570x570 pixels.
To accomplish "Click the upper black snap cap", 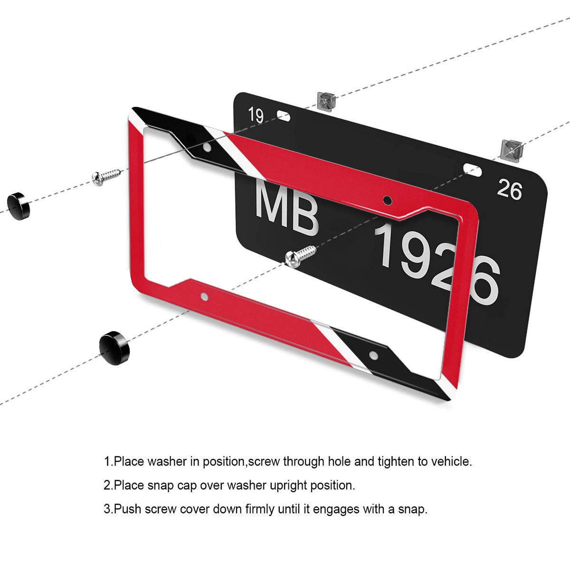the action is [x=19, y=204].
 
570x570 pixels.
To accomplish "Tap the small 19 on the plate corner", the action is [x=256, y=115].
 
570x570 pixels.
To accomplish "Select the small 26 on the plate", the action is [x=509, y=190].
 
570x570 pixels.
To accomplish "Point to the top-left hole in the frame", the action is [x=207, y=148].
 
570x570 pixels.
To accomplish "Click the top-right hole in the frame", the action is [x=387, y=199].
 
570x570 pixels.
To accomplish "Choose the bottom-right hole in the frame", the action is [x=374, y=354].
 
